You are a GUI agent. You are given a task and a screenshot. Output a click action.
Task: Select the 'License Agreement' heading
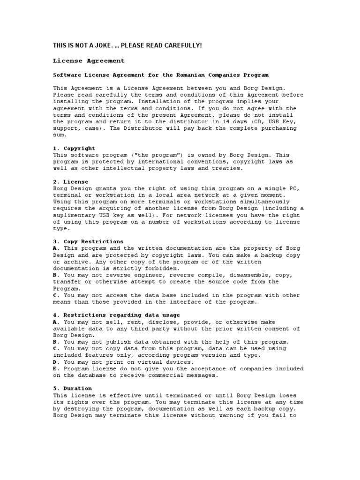click(89, 61)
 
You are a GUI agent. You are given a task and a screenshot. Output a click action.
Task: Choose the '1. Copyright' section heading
click(74, 148)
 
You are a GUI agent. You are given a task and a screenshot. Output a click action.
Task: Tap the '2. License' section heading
click(70, 181)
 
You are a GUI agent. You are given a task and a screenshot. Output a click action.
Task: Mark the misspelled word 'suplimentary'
click(75, 215)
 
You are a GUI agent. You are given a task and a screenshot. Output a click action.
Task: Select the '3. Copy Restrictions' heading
click(89, 242)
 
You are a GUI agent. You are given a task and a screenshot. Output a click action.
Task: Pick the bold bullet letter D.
click(56, 362)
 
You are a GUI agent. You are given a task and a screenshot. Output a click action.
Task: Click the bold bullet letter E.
click(56, 368)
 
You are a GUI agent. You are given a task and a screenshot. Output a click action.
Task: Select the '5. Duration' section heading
click(72, 389)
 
